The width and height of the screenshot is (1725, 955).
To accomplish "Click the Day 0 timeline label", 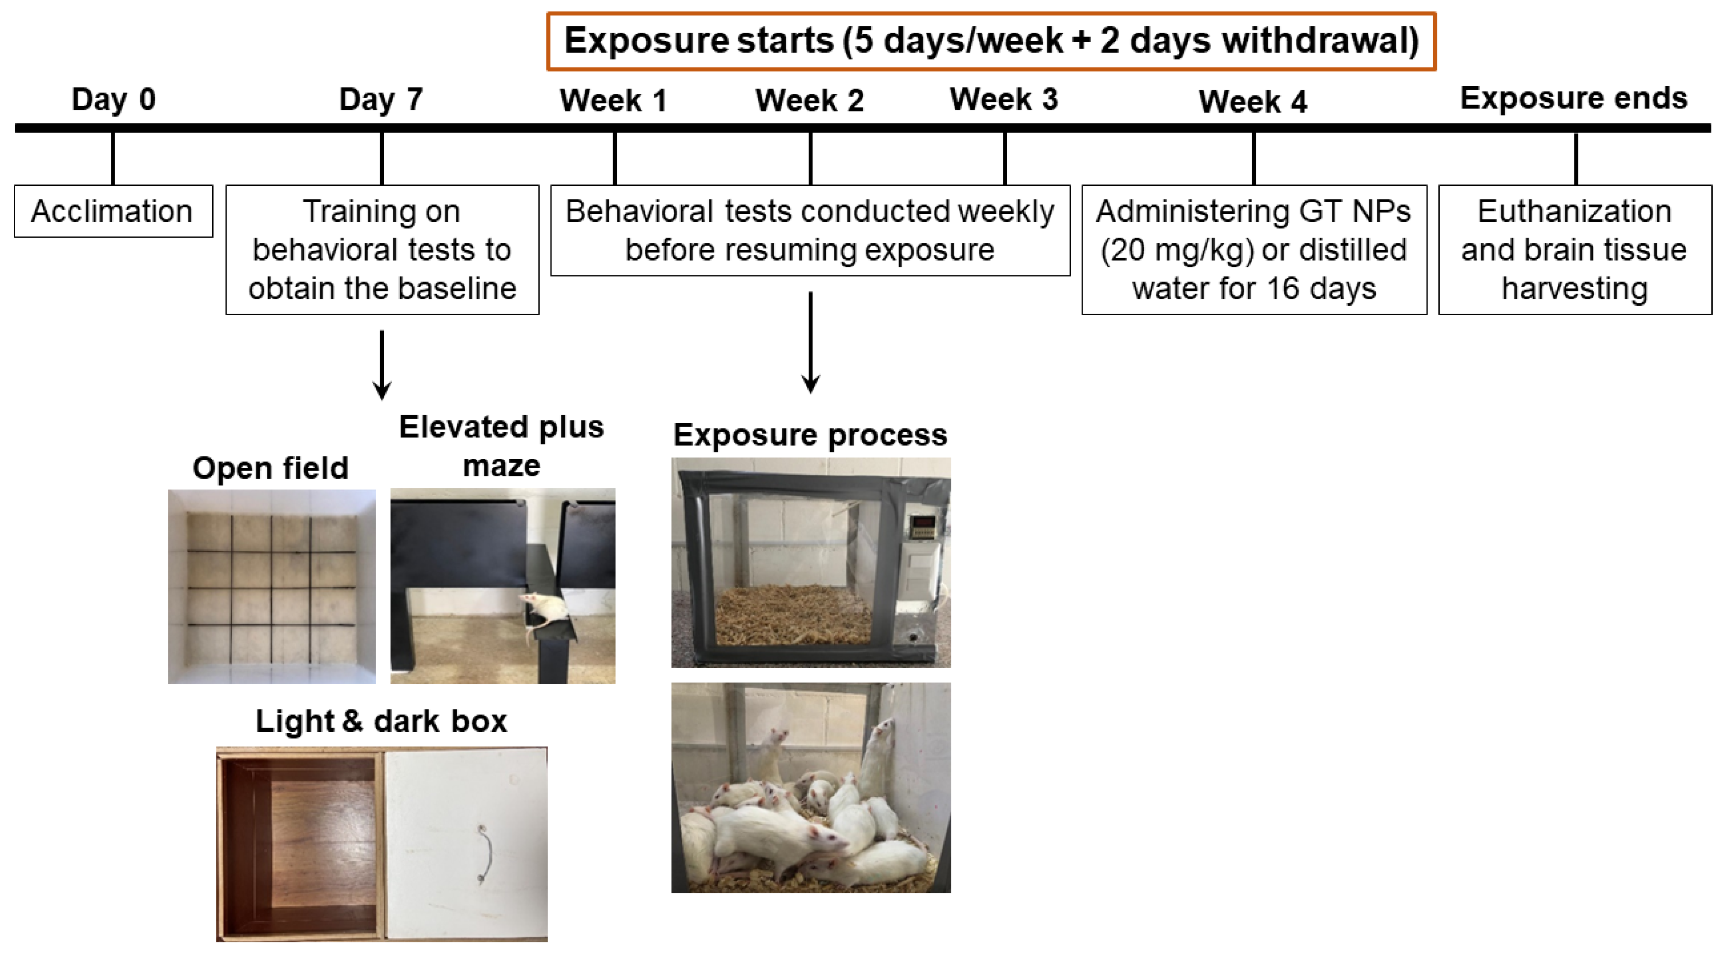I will coord(113,99).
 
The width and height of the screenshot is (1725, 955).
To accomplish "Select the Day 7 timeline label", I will coord(381,99).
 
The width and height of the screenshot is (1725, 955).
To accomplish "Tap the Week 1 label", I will coord(614,100).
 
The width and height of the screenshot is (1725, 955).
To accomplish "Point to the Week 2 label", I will coord(810,100).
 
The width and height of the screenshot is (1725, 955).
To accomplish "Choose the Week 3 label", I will coord(1004,99).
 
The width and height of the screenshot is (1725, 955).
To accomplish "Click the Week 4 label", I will coord(1253,102).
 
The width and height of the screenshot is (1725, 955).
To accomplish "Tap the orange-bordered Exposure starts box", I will coord(991,41).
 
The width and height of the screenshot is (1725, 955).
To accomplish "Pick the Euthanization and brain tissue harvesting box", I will coord(1574,249).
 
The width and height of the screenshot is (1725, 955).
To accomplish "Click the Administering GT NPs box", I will coord(1254,249).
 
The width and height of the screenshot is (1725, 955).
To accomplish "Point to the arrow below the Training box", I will coord(382,364).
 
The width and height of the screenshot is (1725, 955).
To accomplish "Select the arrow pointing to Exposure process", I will coord(810,342).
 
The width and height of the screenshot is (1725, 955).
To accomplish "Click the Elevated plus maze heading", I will coord(502,446).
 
